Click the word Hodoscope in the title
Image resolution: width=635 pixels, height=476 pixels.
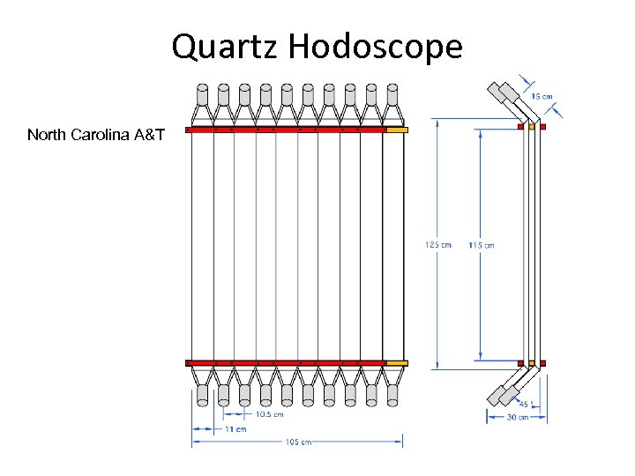374,47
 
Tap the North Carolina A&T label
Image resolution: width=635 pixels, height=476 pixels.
95,135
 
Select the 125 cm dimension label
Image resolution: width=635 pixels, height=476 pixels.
438,244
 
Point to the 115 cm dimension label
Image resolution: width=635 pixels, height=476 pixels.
482,244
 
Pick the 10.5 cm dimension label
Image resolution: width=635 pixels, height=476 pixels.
269,413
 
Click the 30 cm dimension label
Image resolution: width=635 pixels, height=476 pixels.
518,417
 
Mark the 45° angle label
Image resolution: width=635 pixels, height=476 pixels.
524,405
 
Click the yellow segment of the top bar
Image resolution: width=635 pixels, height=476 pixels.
396,130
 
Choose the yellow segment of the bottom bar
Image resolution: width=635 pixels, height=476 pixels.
396,362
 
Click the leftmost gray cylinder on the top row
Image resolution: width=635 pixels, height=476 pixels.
202,94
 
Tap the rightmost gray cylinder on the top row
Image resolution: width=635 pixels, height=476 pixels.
392,94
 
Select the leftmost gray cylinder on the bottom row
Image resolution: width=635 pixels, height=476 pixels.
202,395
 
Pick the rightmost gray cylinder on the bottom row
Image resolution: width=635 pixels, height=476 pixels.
392,395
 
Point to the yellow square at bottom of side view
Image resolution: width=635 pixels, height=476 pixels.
532,362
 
